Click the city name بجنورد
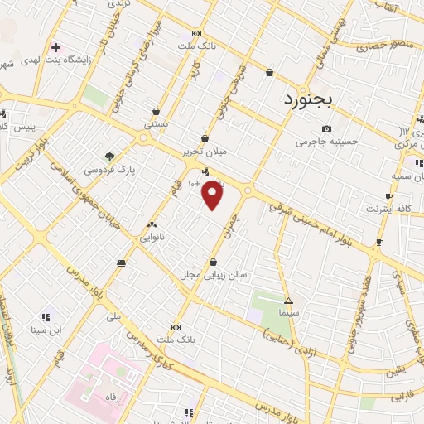tap(301, 99)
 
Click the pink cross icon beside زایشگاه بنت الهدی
tap(55, 46)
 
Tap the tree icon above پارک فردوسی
tap(109, 155)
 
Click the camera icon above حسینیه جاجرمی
tap(327, 129)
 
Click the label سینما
tap(288, 314)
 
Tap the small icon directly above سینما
tap(288, 301)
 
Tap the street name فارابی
tap(401, 397)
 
